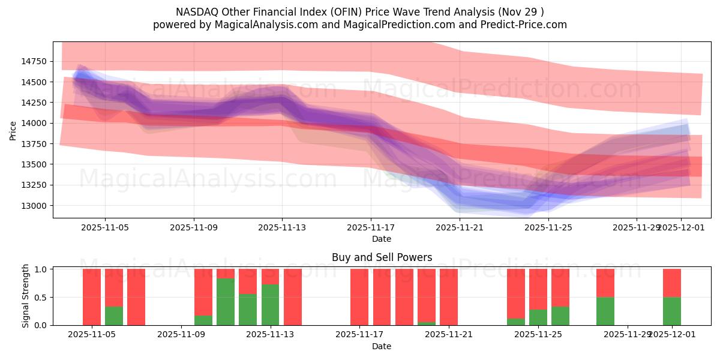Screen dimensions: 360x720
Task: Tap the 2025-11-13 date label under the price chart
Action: tap(282, 227)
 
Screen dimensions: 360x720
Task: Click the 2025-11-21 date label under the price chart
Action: tap(460, 227)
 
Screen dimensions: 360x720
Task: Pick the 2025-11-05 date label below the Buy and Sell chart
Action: tap(92, 335)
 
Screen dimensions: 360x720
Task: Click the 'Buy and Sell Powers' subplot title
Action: tap(382, 258)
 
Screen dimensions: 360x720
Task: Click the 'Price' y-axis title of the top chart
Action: tap(13, 130)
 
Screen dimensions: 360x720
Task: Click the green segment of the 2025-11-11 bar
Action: tap(226, 302)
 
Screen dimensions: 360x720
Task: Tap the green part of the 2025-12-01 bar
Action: tap(672, 311)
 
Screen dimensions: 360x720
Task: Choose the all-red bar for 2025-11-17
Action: tap(359, 297)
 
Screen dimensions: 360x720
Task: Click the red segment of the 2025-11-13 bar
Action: tap(270, 277)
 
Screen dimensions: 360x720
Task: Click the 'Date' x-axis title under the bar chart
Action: tap(382, 346)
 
